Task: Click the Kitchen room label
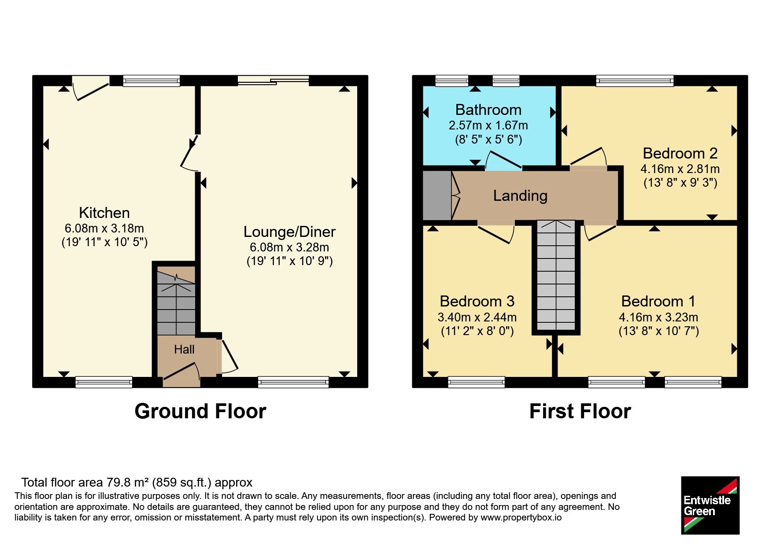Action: (104, 213)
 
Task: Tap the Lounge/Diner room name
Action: (289, 232)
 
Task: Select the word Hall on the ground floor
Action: (184, 349)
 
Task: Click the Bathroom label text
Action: (488, 110)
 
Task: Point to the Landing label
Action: (520, 196)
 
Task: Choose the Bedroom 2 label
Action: (680, 153)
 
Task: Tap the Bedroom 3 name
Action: (477, 301)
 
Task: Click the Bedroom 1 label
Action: (658, 301)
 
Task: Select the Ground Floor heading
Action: (200, 411)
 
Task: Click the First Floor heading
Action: (580, 411)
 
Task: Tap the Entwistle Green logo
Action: (710, 505)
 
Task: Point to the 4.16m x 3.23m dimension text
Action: (658, 317)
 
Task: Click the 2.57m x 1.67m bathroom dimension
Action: (488, 125)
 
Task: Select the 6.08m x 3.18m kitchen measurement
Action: (104, 228)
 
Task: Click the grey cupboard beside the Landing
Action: (437, 195)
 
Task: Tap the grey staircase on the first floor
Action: (556, 275)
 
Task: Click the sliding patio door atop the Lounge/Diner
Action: (273, 80)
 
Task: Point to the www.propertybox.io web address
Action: (521, 518)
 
